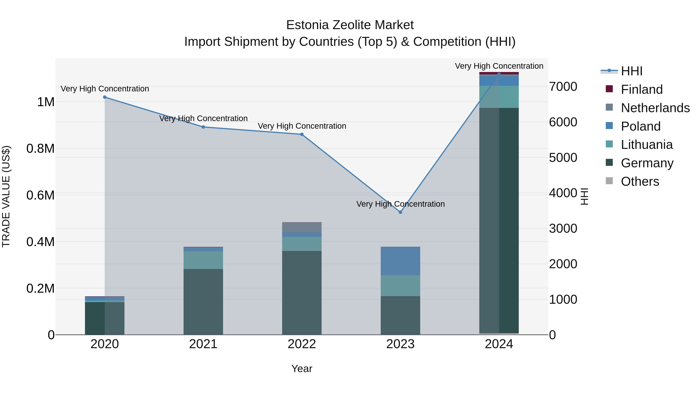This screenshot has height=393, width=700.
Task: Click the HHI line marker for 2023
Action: (x=400, y=212)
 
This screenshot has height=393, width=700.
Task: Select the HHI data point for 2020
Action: (x=105, y=97)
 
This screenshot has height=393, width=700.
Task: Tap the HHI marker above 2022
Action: (x=302, y=134)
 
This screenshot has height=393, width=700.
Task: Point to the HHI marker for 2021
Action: (x=203, y=127)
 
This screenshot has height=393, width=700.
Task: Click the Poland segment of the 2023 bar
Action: (x=400, y=261)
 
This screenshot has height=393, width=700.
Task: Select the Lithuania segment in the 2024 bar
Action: (x=499, y=97)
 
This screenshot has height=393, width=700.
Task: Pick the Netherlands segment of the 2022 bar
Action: (x=302, y=227)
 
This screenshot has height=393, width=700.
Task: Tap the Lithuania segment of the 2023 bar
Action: (x=400, y=286)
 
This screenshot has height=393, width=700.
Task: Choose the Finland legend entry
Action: (x=642, y=89)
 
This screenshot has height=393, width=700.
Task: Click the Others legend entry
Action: (x=640, y=181)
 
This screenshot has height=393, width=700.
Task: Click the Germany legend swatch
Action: (x=609, y=163)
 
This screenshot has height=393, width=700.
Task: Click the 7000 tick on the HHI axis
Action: (x=563, y=87)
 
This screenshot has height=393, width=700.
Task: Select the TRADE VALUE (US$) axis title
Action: (x=6, y=196)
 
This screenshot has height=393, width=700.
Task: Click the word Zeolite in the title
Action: (x=353, y=25)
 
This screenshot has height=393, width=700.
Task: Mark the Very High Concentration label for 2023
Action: (x=400, y=204)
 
